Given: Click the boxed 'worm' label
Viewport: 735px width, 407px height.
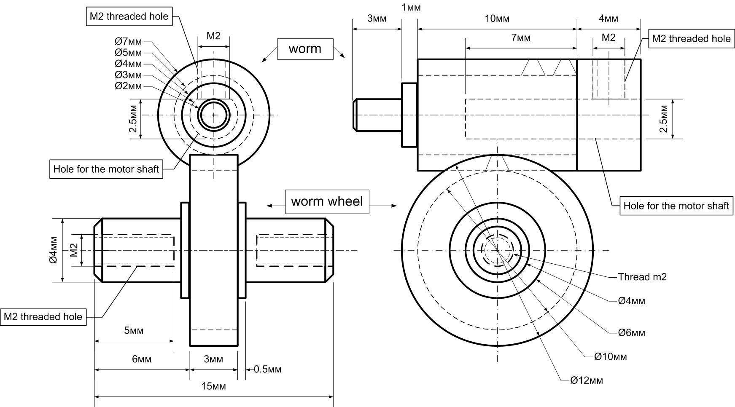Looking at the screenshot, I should pos(305,49).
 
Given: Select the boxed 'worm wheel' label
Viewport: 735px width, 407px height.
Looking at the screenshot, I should pos(327,201).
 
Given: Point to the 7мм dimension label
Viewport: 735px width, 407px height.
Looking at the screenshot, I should pos(521,37).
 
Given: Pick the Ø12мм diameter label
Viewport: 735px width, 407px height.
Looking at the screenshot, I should pos(587,380).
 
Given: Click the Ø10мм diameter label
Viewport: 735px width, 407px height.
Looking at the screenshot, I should pos(610,356).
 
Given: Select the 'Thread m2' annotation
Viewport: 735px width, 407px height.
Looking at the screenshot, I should pos(642,277).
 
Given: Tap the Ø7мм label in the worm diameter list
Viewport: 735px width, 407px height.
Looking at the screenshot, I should pos(128,41).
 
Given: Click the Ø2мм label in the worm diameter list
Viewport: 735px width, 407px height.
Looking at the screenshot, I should pos(128,86).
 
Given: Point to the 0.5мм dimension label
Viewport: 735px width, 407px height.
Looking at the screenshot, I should pos(267,370).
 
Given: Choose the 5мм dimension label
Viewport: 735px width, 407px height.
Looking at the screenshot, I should pos(134,330).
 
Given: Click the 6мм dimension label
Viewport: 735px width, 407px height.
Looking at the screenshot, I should pos(142,359).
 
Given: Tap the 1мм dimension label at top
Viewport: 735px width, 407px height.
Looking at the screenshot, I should pos(411,7).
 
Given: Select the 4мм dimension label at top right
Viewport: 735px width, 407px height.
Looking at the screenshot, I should pos(608,19).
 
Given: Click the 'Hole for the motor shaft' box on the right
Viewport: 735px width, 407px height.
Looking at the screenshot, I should pos(676,206).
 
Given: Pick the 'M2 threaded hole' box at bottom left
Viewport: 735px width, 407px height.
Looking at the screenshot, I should pos(43,317).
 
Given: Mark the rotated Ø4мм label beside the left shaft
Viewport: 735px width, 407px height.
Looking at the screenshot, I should pos(53,250).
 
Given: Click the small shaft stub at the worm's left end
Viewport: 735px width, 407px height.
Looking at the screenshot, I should pos(377,115).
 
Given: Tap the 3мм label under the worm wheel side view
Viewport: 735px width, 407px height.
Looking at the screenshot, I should pos(213,359).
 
